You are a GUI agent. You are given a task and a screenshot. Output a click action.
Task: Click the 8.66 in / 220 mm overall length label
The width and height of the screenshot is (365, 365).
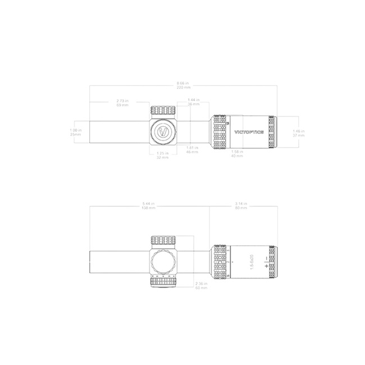[182, 86]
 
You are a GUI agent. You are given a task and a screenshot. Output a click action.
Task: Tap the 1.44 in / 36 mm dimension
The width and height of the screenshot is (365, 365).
[193, 102]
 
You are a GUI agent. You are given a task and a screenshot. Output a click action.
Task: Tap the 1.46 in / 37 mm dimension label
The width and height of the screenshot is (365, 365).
[298, 133]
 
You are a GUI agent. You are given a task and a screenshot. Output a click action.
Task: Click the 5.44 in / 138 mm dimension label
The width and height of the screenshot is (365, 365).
[149, 206]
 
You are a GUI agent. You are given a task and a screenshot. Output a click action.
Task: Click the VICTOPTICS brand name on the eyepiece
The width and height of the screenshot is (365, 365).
[248, 133]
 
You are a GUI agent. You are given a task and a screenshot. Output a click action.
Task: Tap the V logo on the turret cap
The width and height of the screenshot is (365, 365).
[163, 133]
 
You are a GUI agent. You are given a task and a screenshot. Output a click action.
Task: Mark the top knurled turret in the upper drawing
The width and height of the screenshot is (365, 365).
[163, 110]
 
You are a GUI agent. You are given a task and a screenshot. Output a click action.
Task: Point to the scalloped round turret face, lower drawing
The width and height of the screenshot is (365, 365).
[163, 262]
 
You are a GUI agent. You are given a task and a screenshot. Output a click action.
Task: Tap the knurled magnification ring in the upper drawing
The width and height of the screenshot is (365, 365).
[220, 133]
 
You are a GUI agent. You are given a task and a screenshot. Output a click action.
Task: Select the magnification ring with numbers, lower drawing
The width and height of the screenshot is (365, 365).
[221, 262]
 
